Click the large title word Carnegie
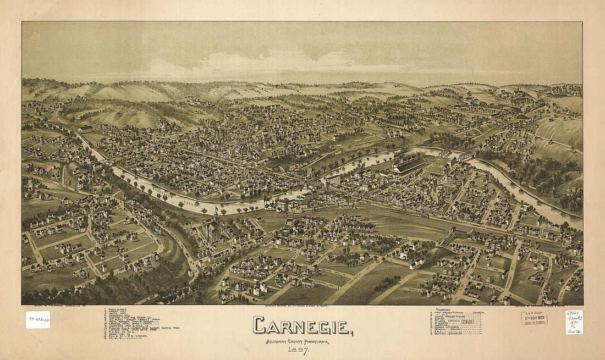pos(302,326)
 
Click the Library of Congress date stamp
pos(534,318)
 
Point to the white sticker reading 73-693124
pos(37,319)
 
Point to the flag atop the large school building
pos(217,209)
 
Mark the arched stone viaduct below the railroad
pos(454,236)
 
